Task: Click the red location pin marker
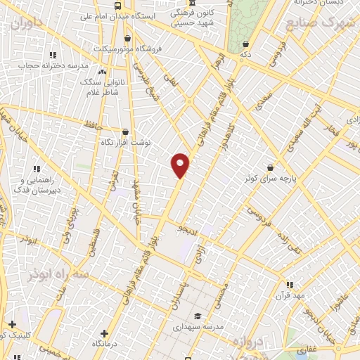181,165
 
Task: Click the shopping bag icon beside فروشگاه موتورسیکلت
127,39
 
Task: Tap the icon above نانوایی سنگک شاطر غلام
103,71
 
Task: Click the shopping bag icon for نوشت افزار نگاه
125,131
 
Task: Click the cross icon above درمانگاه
105,333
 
